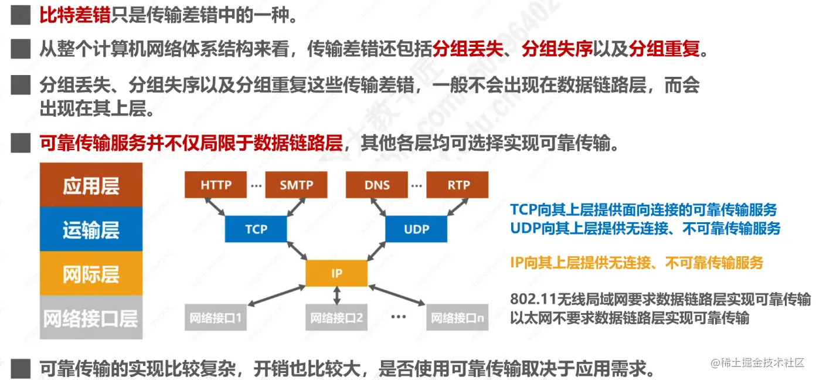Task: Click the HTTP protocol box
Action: click(215, 185)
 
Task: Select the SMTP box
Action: click(295, 185)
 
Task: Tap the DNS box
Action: click(377, 185)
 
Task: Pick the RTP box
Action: click(458, 185)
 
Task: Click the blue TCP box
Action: click(256, 229)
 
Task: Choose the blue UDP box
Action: click(416, 229)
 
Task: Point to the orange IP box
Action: click(336, 273)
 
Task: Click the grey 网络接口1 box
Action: click(215, 318)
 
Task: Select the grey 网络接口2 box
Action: click(336, 318)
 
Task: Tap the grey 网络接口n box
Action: click(457, 318)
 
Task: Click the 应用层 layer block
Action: click(91, 185)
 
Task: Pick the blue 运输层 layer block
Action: click(91, 229)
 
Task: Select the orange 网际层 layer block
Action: click(91, 274)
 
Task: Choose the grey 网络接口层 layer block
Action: click(91, 318)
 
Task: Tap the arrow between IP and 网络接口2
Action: click(336, 296)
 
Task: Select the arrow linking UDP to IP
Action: click(378, 252)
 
